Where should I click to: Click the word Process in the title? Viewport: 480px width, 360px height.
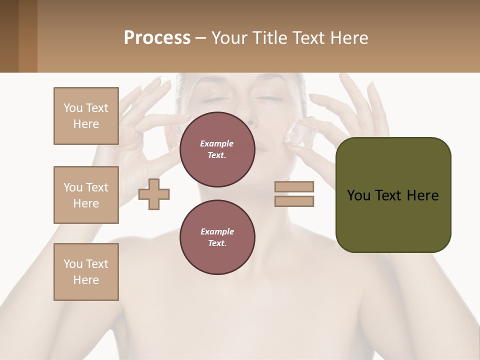pos(157,38)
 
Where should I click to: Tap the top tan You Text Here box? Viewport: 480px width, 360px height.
pos(86,116)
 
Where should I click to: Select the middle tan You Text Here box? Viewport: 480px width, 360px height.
pos(86,195)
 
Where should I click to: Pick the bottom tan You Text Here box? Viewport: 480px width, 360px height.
pos(86,272)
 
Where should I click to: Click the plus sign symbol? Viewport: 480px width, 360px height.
pos(154,194)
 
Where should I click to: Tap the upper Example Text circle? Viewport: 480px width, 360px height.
pos(217,149)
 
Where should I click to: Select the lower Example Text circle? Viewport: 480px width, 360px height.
pos(217,237)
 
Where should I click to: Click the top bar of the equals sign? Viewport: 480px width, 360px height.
pos(294,187)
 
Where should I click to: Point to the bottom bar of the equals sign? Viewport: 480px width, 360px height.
pos(294,201)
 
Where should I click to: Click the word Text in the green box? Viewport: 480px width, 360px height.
pos(388,195)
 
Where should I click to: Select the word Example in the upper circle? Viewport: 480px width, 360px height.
pos(217,143)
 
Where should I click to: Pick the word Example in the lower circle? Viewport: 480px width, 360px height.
pos(217,231)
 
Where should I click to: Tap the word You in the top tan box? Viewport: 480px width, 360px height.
pos(73,108)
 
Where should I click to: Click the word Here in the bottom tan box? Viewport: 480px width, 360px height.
pos(86,280)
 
